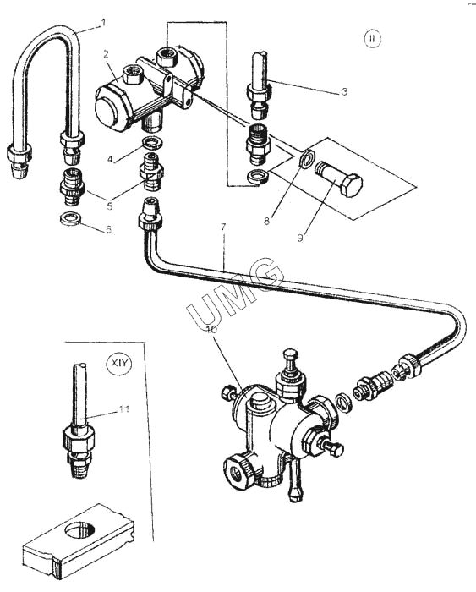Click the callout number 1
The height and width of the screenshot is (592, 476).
pyautogui.click(x=103, y=23)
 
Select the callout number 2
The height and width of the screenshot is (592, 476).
pyautogui.click(x=107, y=54)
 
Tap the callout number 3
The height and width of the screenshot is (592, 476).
pyautogui.click(x=344, y=91)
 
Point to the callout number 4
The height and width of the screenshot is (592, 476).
pyautogui.click(x=109, y=159)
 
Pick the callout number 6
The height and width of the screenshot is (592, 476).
pyautogui.click(x=109, y=229)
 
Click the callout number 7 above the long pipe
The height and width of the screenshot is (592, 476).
pyautogui.click(x=223, y=227)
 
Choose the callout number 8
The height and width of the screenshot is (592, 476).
pyautogui.click(x=266, y=221)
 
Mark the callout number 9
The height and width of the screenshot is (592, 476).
pyautogui.click(x=300, y=238)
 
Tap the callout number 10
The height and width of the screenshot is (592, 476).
pyautogui.click(x=211, y=329)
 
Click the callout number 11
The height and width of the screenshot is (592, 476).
pyautogui.click(x=124, y=409)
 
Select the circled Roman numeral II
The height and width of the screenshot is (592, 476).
pyautogui.click(x=373, y=39)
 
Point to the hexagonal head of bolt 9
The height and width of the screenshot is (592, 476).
pyautogui.click(x=350, y=184)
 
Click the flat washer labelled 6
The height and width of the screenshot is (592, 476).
pyautogui.click(x=70, y=218)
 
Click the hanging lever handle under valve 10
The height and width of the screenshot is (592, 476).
pyautogui.click(x=294, y=478)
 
